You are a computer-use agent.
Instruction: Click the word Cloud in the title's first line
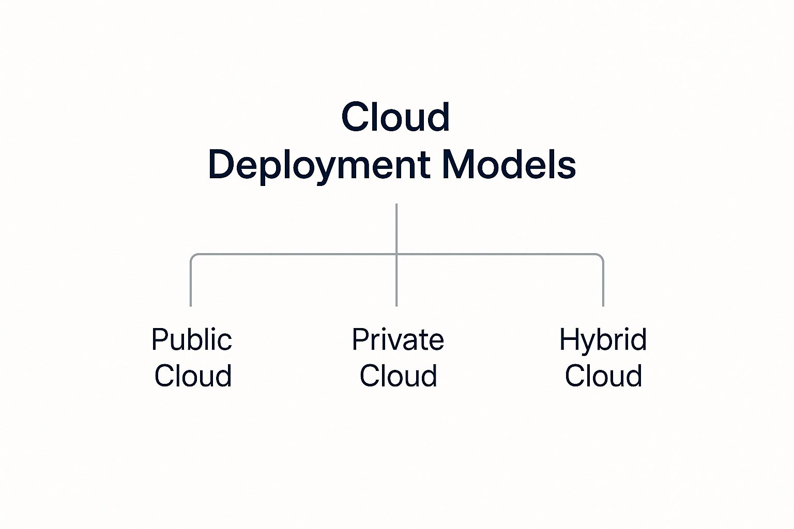coord(395,117)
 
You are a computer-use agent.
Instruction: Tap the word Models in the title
coord(509,165)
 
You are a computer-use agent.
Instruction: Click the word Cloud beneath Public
coord(193,376)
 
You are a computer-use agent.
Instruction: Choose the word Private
coord(398,340)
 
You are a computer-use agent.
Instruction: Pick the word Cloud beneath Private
coord(398,376)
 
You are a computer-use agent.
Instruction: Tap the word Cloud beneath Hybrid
coord(603,376)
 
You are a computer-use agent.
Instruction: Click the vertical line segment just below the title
coord(396,227)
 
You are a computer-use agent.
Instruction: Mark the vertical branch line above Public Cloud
coord(191,284)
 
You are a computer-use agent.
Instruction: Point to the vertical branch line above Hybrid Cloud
coord(603,284)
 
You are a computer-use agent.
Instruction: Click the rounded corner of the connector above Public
coord(193,256)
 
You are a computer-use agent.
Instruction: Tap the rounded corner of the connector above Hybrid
coord(601,256)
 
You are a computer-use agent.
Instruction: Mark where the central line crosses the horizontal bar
coord(396,254)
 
